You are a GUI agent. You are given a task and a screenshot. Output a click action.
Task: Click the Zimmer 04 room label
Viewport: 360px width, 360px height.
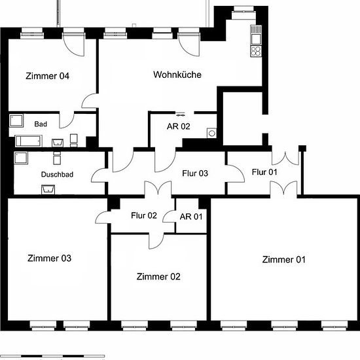coord(47,76)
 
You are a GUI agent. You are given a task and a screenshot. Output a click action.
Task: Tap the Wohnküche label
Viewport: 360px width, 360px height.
coord(177,75)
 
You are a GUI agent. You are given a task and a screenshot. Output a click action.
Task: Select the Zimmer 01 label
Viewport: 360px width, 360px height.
coord(284,260)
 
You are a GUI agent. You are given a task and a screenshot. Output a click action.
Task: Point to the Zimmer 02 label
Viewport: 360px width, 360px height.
coord(158,277)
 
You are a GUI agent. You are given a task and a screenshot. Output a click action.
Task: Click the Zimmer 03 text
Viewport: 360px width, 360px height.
coord(49,259)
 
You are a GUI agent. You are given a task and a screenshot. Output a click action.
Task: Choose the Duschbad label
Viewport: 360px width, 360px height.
coord(57,175)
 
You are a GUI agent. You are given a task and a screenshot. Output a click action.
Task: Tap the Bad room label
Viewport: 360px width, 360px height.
coord(41,124)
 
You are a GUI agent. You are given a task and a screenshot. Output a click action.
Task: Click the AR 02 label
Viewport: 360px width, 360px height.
coord(179,126)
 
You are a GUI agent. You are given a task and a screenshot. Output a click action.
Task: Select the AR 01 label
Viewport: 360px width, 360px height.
coord(191,217)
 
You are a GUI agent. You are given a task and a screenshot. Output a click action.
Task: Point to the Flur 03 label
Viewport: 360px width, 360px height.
coord(195,173)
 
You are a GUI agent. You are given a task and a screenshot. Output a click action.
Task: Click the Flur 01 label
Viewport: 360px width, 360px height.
coord(264,172)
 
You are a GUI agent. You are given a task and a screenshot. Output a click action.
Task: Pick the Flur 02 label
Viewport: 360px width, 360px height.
coord(144,215)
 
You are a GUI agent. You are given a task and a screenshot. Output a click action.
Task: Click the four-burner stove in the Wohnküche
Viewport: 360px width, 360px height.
coord(256,51)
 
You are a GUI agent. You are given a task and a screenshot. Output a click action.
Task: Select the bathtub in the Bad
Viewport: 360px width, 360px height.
coord(29,141)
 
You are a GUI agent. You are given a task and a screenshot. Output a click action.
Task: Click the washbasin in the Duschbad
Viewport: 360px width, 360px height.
coord(48,190)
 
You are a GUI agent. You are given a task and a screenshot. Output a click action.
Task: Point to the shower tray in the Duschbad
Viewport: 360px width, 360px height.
coord(21,158)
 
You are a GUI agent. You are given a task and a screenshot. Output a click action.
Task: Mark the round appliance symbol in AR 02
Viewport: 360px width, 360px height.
coord(211,133)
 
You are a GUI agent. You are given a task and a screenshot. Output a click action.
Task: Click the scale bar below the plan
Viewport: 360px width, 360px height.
coord(52,356)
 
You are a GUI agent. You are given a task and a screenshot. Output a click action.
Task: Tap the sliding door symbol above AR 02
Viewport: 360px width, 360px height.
coord(181,114)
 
